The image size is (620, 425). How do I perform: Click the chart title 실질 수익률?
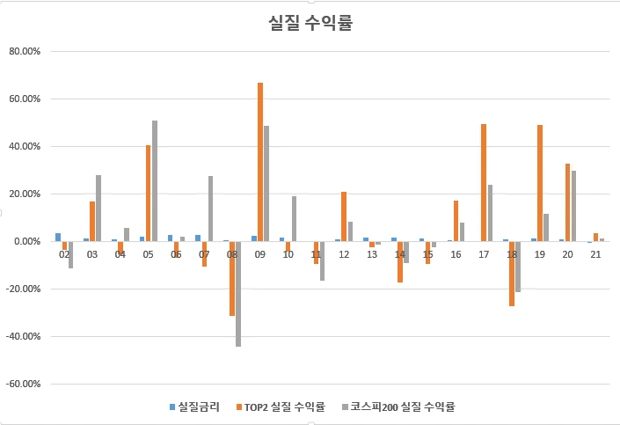tap(310, 24)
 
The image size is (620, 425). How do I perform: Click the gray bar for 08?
tap(238, 294)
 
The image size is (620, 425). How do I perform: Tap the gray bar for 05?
tap(155, 180)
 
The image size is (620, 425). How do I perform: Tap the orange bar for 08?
tap(232, 278)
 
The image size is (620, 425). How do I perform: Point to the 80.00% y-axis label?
tap(24, 51)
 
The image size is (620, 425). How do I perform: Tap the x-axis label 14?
tap(400, 254)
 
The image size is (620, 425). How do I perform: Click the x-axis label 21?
tap(596, 254)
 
